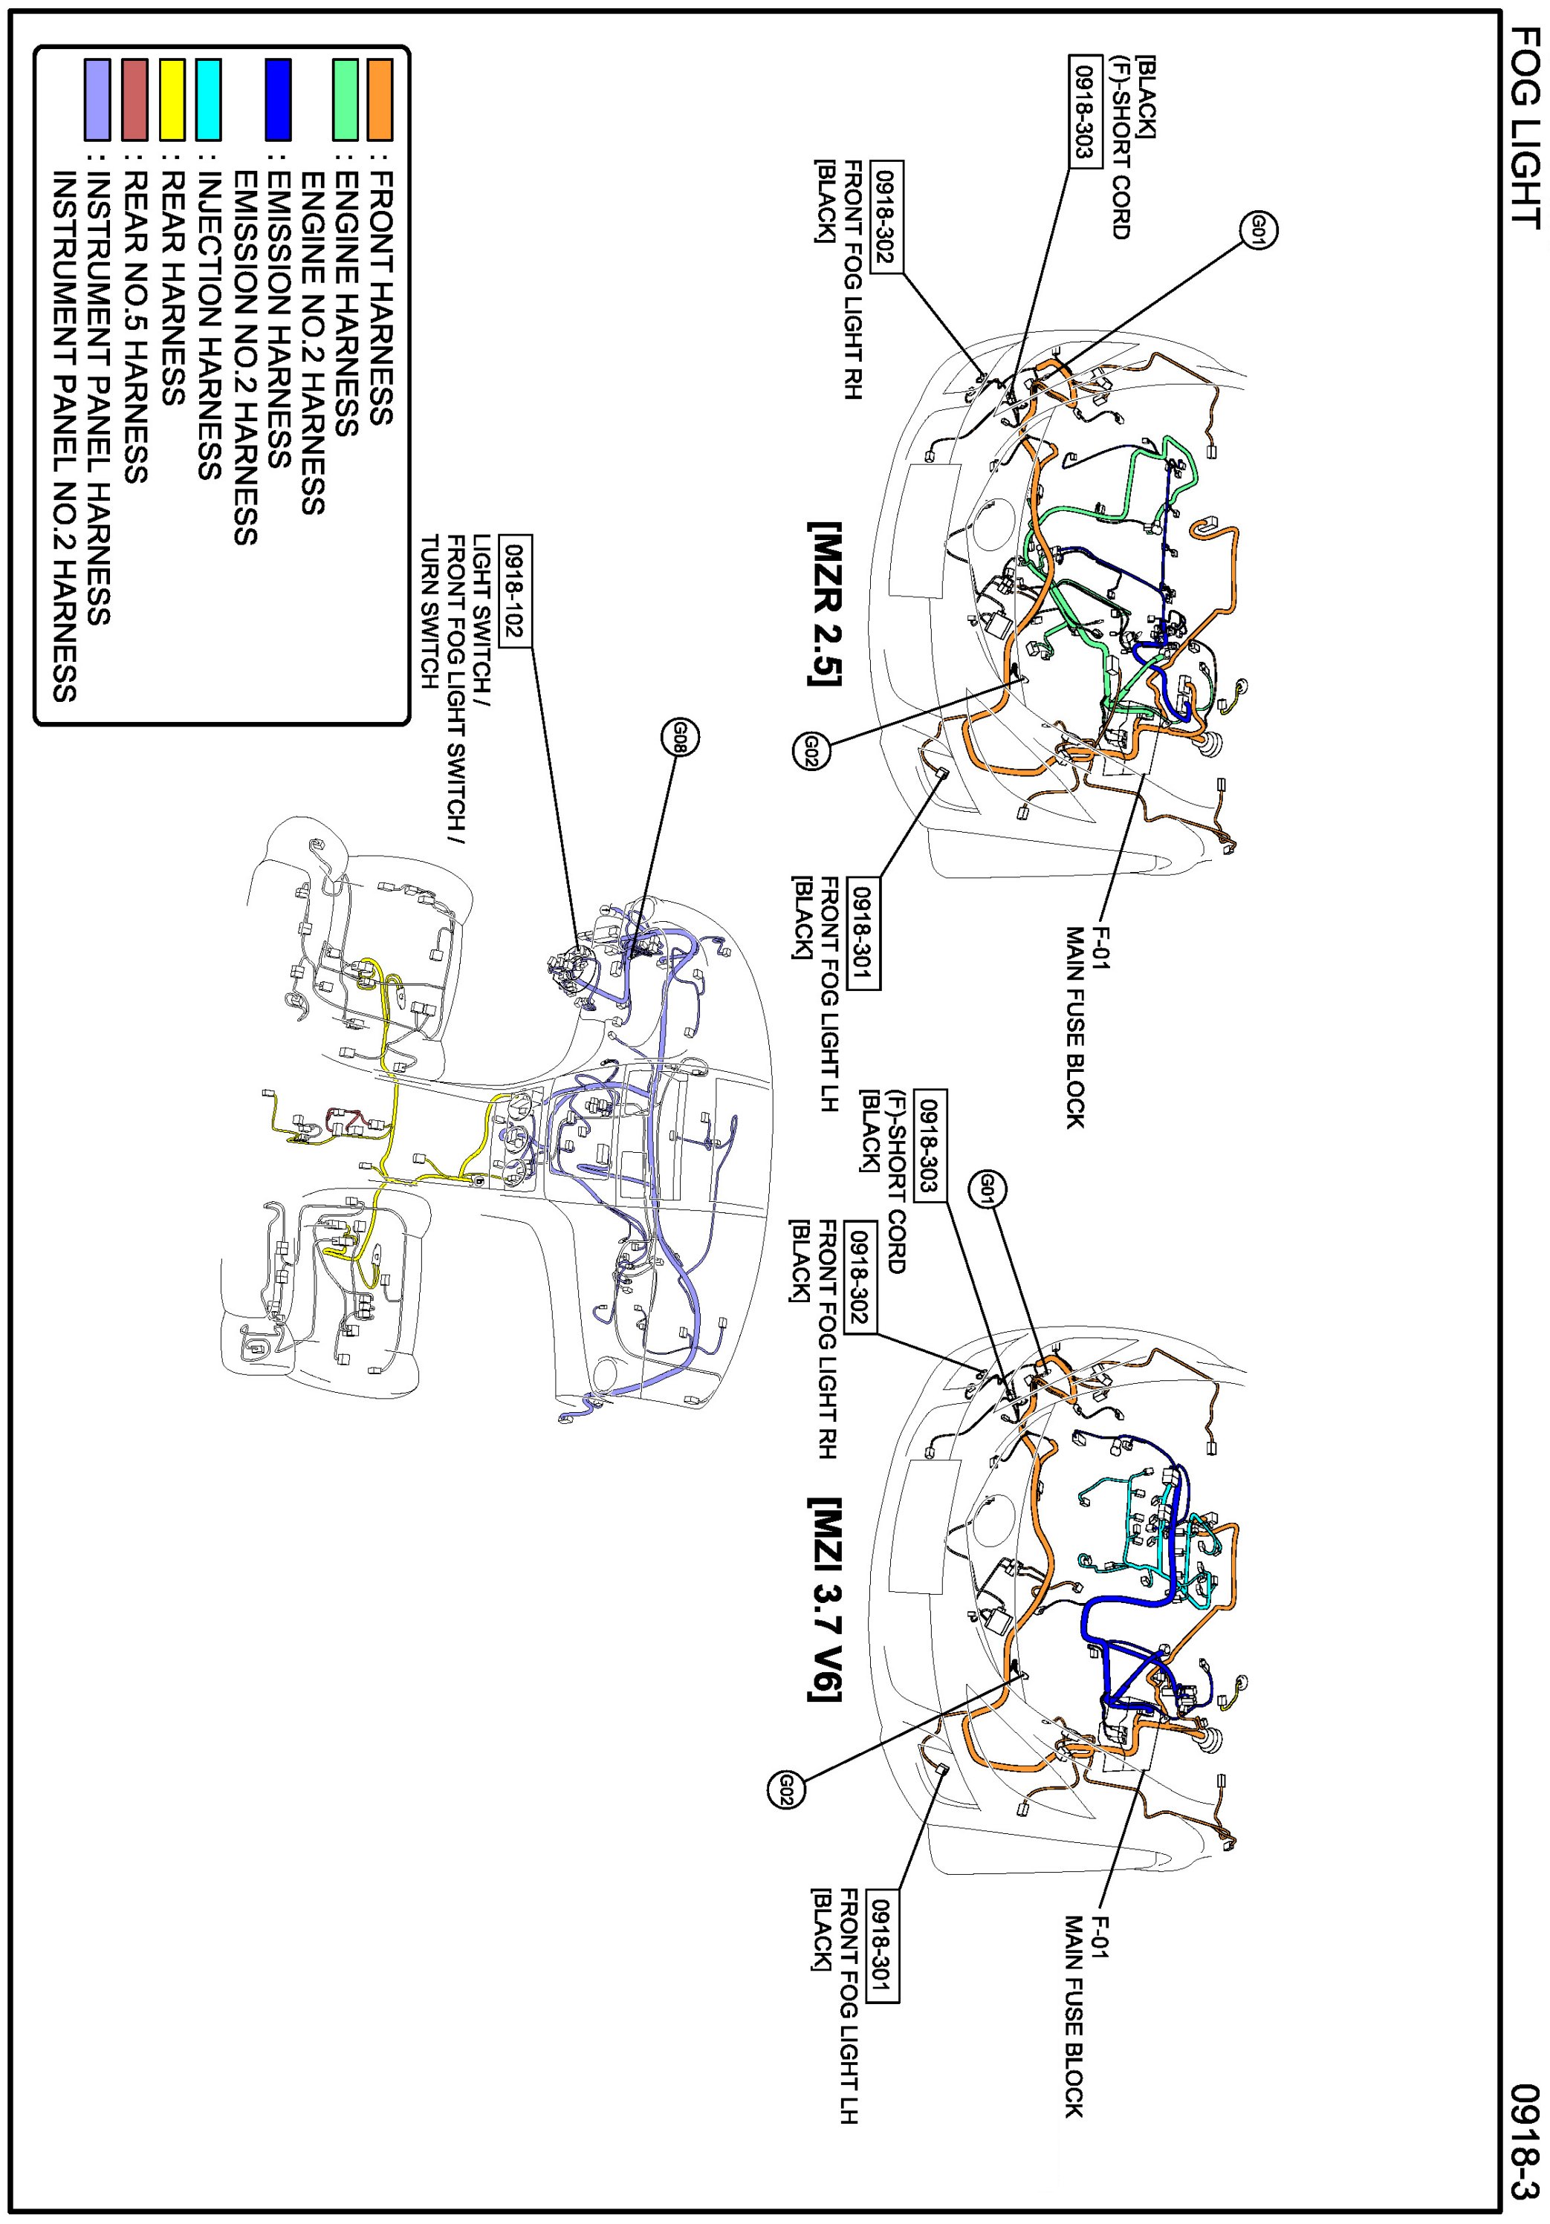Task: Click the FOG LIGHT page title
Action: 1524,128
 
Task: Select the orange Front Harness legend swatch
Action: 380,99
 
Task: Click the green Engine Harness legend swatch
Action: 345,99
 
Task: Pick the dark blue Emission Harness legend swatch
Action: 278,99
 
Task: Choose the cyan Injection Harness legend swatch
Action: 208,99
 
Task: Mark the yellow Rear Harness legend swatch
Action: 172,99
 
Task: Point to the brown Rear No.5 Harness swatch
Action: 136,99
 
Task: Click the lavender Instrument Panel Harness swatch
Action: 98,99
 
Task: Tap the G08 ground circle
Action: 679,738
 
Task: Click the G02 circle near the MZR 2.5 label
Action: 811,752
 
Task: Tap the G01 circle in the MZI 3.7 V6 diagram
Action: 988,1189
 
